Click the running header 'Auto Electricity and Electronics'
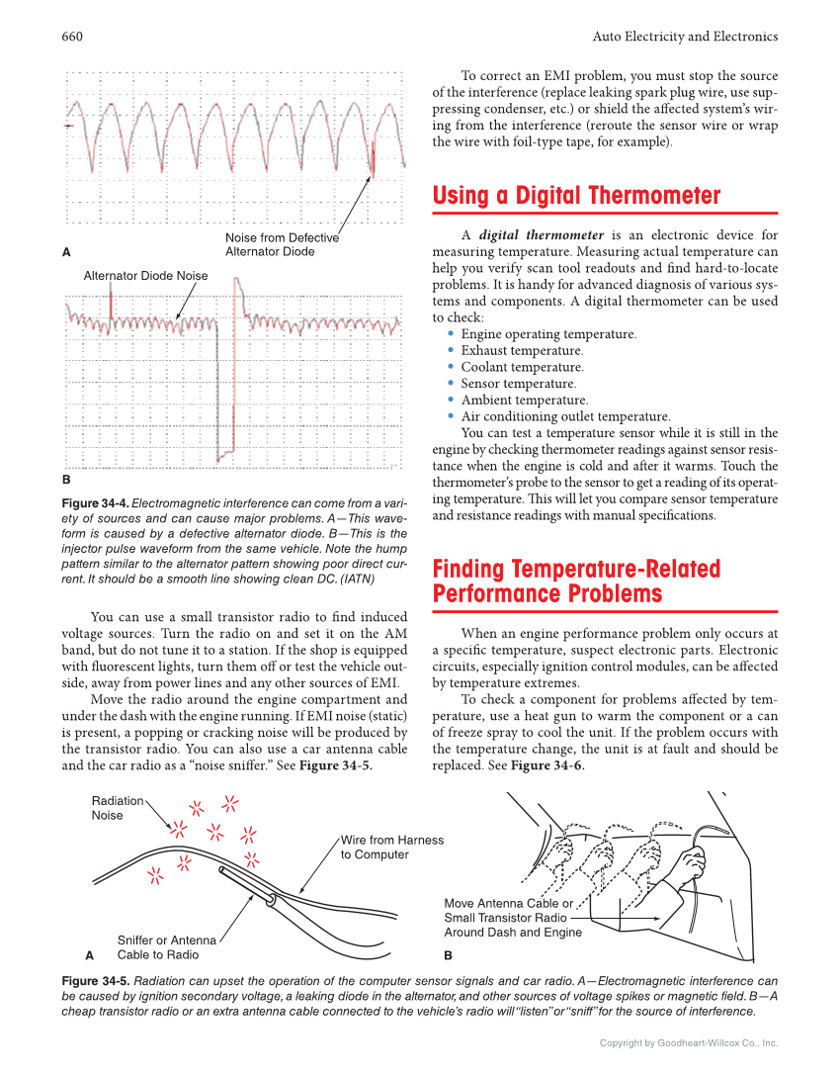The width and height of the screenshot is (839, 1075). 685,37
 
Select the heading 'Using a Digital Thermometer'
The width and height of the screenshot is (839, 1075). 576,196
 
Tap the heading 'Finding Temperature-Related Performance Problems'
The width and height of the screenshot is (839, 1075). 576,582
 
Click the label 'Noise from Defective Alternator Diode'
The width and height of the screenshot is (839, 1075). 282,244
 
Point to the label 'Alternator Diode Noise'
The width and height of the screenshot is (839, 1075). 145,276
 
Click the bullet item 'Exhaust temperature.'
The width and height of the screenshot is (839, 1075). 522,350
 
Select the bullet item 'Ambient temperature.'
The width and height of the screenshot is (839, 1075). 524,400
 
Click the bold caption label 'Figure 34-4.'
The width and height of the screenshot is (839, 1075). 95,502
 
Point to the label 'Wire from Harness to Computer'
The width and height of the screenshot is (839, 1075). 391,848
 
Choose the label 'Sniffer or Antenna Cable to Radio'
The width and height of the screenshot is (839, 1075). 166,947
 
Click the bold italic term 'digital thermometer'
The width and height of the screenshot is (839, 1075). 541,235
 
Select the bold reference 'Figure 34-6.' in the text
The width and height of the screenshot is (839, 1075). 547,765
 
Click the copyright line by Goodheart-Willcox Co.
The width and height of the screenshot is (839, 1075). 689,1042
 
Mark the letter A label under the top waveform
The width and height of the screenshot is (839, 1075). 66,252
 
